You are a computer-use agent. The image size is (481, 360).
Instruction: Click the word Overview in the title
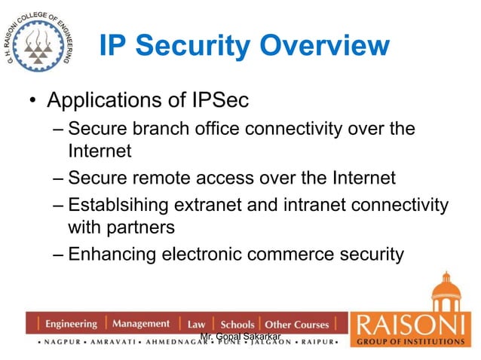[323, 47]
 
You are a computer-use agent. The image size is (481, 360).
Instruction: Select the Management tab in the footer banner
[141, 325]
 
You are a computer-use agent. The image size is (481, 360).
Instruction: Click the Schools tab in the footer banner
[237, 325]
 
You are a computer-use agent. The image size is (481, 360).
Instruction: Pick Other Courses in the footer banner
[297, 325]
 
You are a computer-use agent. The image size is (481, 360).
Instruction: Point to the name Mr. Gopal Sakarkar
[240, 334]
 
